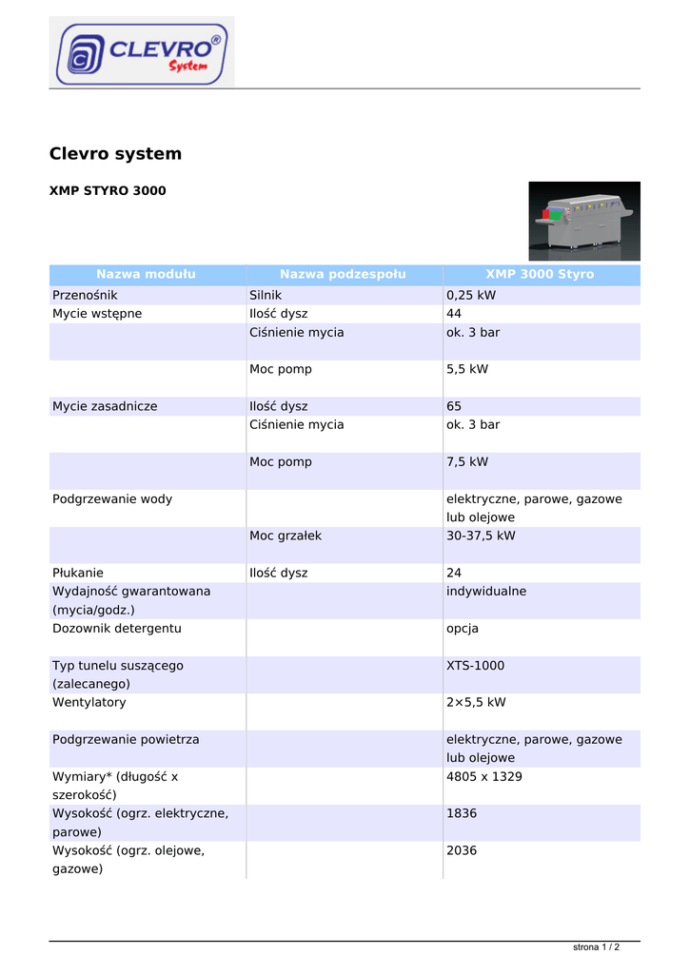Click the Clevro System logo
point(142,51)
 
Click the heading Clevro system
point(115,154)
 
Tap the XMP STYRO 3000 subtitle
point(108,191)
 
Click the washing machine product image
point(584,221)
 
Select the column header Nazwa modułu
point(146,275)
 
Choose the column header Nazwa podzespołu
point(343,275)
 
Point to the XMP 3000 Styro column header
point(540,275)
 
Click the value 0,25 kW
point(471,296)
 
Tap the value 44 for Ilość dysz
point(454,314)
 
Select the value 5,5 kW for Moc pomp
point(467,369)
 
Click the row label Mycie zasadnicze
point(105,406)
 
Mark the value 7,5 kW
point(467,462)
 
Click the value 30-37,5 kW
point(481,536)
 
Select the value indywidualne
point(486,592)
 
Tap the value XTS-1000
point(476,666)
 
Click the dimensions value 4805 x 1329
point(484,777)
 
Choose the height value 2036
point(462,851)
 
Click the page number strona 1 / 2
point(596,947)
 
